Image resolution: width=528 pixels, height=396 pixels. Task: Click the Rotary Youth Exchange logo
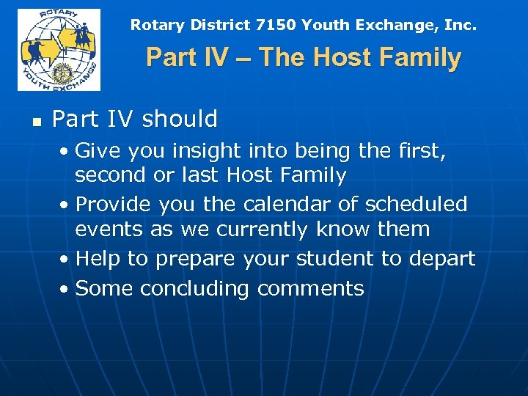pos(59,50)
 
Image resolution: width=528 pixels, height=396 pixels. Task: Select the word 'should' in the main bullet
pos(180,119)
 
